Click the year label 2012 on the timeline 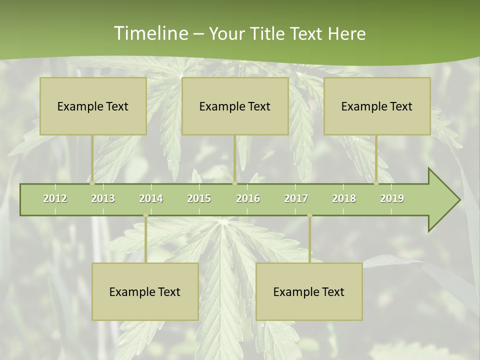(55, 198)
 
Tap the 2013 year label (103, 198)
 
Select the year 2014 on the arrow (151, 198)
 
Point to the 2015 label (199, 198)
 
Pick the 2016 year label (248, 198)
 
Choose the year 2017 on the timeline (296, 198)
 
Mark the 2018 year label (344, 198)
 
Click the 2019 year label (392, 198)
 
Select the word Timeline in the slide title (150, 33)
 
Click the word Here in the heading (346, 33)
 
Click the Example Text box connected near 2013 (93, 106)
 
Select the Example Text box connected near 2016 (235, 106)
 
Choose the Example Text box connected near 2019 (377, 106)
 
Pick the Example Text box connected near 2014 (145, 291)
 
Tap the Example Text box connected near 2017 (309, 291)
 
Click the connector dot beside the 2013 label (92, 183)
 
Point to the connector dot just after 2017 (309, 215)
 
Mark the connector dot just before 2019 (376, 183)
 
